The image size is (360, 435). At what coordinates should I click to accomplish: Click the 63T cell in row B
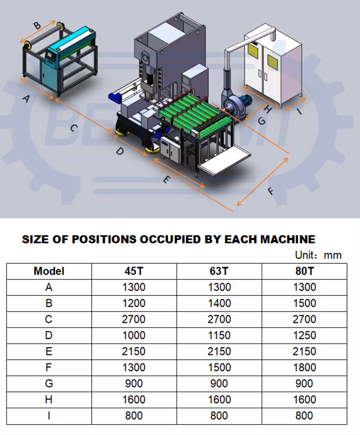219,303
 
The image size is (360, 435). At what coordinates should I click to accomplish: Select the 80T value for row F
304,367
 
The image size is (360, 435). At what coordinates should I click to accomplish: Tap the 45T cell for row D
134,335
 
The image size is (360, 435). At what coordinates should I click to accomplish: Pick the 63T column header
219,271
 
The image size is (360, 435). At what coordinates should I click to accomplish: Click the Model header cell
49,271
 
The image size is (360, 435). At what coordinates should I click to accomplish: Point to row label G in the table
49,384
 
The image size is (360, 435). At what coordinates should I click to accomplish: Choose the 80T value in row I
304,416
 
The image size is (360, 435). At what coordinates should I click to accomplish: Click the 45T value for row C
133,319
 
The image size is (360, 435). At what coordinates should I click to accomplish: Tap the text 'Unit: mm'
318,255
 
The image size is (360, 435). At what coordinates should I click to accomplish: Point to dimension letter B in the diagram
37,25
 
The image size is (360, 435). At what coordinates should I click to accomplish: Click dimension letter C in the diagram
74,128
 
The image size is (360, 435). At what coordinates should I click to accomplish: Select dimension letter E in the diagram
166,180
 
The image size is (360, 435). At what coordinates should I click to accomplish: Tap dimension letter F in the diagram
271,191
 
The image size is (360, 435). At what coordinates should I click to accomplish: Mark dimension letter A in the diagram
26,98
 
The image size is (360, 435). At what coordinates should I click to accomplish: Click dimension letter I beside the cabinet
299,111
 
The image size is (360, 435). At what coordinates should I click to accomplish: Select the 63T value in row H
219,400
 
